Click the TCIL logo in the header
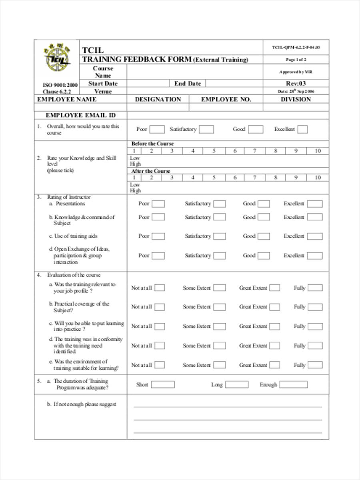coord(57,58)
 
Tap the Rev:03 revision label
coord(296,84)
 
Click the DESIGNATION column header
coord(158,99)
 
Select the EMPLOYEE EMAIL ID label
coord(80,115)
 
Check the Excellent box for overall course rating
coord(302,130)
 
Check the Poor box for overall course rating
coord(157,130)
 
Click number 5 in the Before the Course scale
coord(214,151)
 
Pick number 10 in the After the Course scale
coord(318,177)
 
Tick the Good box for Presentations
coord(263,204)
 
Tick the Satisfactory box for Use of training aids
coord(219,236)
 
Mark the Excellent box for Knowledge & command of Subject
coord(315,217)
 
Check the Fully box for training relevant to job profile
coord(315,288)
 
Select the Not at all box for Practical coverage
coord(159,307)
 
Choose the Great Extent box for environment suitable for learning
coord(274,365)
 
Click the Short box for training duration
coord(162,385)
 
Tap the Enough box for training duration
coord(293,385)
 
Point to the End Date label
coord(188,84)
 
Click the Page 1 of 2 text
coord(296,60)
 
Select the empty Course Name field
coord(194,72)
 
